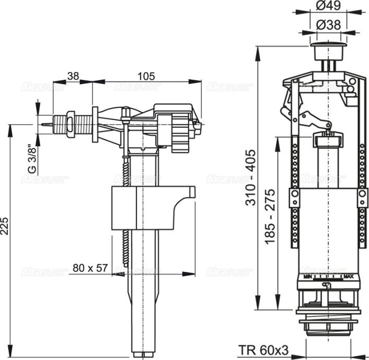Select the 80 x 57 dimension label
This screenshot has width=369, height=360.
[x=90, y=268]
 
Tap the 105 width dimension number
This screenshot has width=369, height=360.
[x=146, y=76]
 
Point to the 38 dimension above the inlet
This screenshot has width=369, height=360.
[x=73, y=76]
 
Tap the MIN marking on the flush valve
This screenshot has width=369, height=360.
[x=307, y=275]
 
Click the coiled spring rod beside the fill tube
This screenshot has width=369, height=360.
[x=126, y=209]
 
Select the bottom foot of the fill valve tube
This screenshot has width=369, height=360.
[x=142, y=354]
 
